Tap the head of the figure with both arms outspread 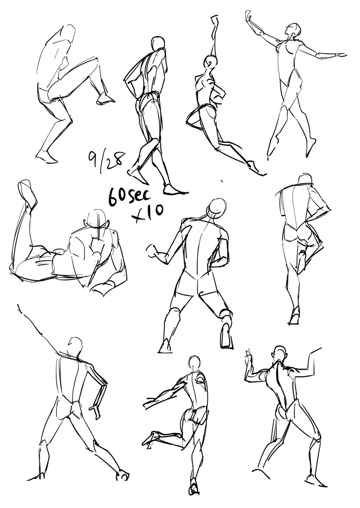click(293, 32)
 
